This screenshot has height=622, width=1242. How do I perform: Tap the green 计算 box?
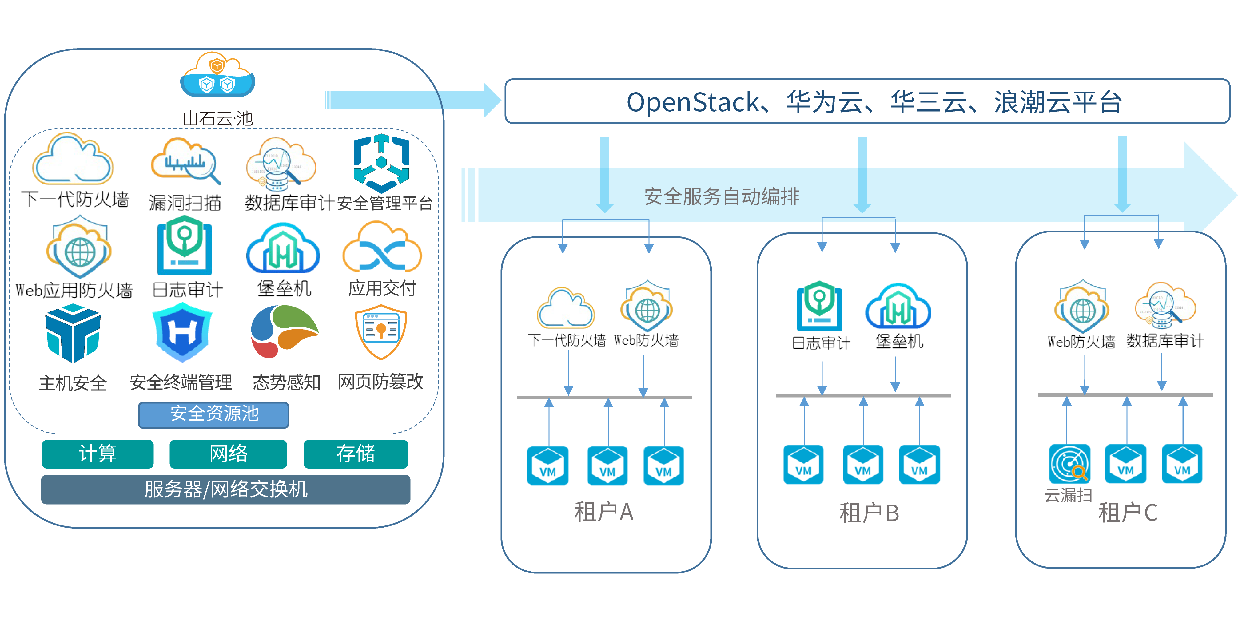pos(98,454)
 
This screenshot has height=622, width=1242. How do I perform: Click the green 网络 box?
pos(228,454)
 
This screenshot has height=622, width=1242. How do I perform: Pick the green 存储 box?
pos(355,454)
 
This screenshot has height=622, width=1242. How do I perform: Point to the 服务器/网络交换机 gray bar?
pos(226,489)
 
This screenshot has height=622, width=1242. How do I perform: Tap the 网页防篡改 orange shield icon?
pos(381,332)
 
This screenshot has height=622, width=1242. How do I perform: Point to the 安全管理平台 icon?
pos(381,163)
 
